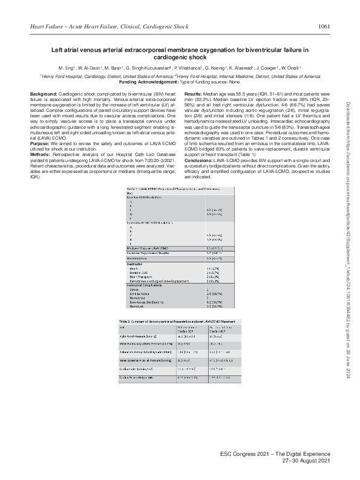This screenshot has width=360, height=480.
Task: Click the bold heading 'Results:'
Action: pyautogui.click(x=193, y=96)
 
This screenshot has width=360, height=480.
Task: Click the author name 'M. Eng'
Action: pyautogui.click(x=66, y=69)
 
